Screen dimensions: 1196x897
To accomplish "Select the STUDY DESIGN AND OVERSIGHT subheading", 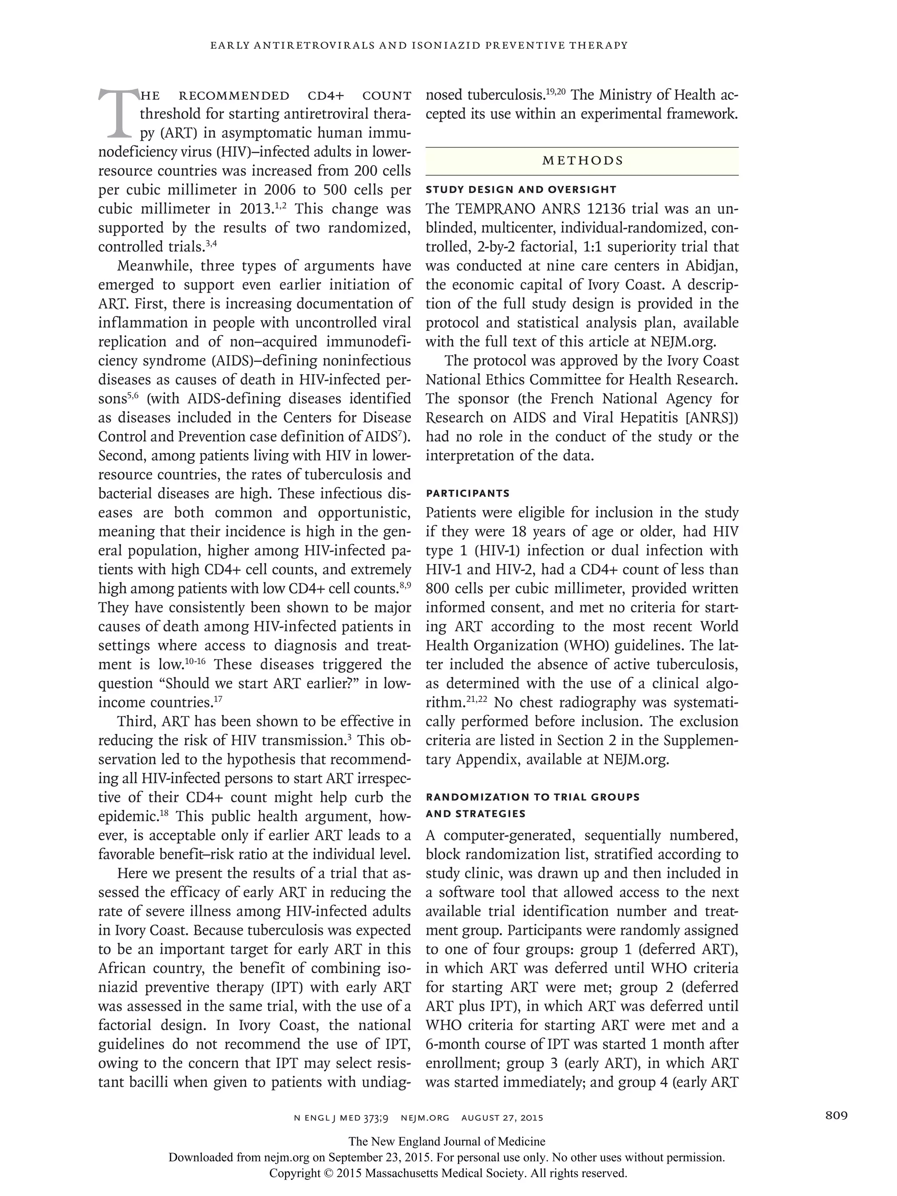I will [x=521, y=190].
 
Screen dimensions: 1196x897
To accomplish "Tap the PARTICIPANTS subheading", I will [x=468, y=493].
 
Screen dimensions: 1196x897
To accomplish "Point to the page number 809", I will [x=837, y=1115].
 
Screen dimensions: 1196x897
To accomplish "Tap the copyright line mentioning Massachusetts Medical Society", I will [x=448, y=1173].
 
